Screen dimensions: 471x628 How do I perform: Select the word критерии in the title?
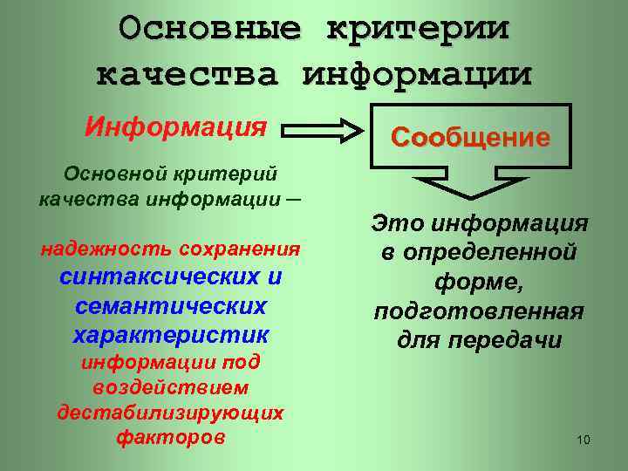[x=418, y=28]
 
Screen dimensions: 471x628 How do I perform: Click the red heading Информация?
[x=175, y=127]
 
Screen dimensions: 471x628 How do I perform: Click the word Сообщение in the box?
[x=471, y=137]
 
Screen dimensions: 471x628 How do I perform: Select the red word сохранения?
[x=240, y=249]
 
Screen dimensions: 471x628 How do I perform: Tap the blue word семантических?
[x=171, y=306]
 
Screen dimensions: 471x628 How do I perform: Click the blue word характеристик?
[x=171, y=335]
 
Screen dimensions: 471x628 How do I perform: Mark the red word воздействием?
[x=170, y=386]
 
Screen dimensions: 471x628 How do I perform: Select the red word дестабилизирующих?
[x=170, y=412]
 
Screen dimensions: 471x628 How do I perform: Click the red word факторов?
[x=170, y=437]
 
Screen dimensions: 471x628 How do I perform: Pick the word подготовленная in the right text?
[x=479, y=311]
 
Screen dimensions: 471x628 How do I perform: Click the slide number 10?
[x=584, y=440]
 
